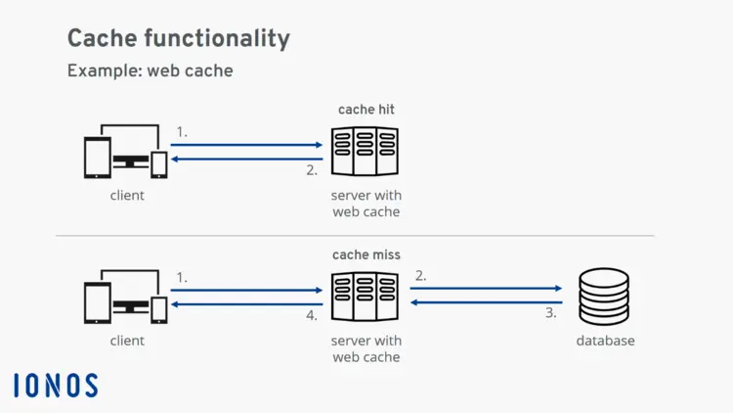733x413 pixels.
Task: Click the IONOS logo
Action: pyautogui.click(x=56, y=386)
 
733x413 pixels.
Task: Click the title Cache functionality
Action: pyautogui.click(x=178, y=38)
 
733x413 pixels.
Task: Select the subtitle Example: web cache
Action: pyautogui.click(x=150, y=70)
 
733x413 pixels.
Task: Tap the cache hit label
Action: pyautogui.click(x=366, y=110)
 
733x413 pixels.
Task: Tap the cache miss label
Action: pyautogui.click(x=366, y=255)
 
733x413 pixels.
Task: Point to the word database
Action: pyautogui.click(x=605, y=341)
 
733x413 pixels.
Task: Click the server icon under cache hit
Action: pyautogui.click(x=366, y=152)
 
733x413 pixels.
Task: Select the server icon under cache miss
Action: pyautogui.click(x=366, y=298)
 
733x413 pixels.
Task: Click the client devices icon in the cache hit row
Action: pyautogui.click(x=126, y=153)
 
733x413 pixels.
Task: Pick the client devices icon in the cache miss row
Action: pyautogui.click(x=126, y=298)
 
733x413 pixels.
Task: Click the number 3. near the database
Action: pyautogui.click(x=550, y=313)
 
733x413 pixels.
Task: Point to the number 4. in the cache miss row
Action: pyautogui.click(x=311, y=315)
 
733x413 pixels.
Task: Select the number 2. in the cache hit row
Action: pyautogui.click(x=312, y=169)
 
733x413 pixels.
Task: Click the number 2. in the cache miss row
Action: pyautogui.click(x=420, y=276)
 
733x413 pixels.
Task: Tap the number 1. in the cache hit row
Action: pyautogui.click(x=182, y=131)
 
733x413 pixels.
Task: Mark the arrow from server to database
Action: pyautogui.click(x=487, y=289)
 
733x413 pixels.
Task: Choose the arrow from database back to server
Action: pyautogui.click(x=487, y=302)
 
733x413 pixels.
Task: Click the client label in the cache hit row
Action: pyautogui.click(x=127, y=195)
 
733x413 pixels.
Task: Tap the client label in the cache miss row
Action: pyautogui.click(x=127, y=341)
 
